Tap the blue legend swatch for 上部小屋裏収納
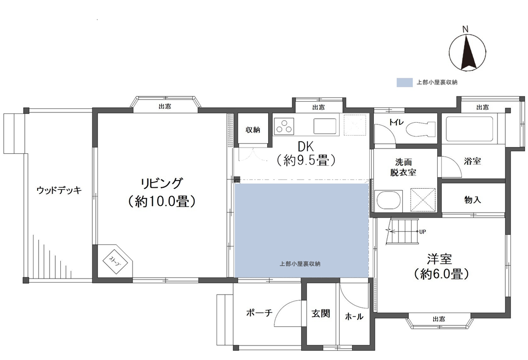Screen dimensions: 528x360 tap(404, 83)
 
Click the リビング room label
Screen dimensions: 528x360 tap(162, 184)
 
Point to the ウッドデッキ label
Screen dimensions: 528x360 tap(59, 190)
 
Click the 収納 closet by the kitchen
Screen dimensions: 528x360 tap(253, 129)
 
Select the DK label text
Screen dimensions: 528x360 tap(306, 147)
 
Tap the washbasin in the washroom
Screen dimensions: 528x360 tap(389, 201)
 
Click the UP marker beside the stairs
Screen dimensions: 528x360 tap(423, 232)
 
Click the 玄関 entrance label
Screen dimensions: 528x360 tap(321, 314)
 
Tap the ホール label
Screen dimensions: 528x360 tap(354, 317)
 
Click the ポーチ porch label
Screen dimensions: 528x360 tap(259, 313)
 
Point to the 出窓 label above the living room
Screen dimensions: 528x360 tap(164, 106)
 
